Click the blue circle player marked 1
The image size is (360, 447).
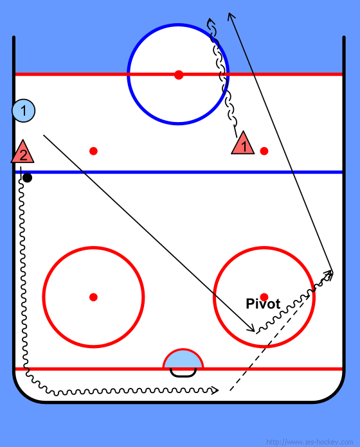[23, 110]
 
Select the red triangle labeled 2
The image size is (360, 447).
[22, 153]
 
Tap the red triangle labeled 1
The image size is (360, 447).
[243, 144]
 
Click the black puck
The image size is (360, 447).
[28, 178]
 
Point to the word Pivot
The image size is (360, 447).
[263, 304]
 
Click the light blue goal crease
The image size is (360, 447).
[183, 359]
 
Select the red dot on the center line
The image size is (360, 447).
[179, 74]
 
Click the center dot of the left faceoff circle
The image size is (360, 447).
[94, 297]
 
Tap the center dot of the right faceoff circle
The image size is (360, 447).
[264, 297]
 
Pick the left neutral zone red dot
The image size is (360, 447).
[94, 151]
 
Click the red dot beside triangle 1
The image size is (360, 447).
[264, 151]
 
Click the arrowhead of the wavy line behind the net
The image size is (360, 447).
[216, 390]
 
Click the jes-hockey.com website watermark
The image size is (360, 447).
[309, 442]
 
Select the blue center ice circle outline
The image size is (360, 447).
[127, 74]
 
